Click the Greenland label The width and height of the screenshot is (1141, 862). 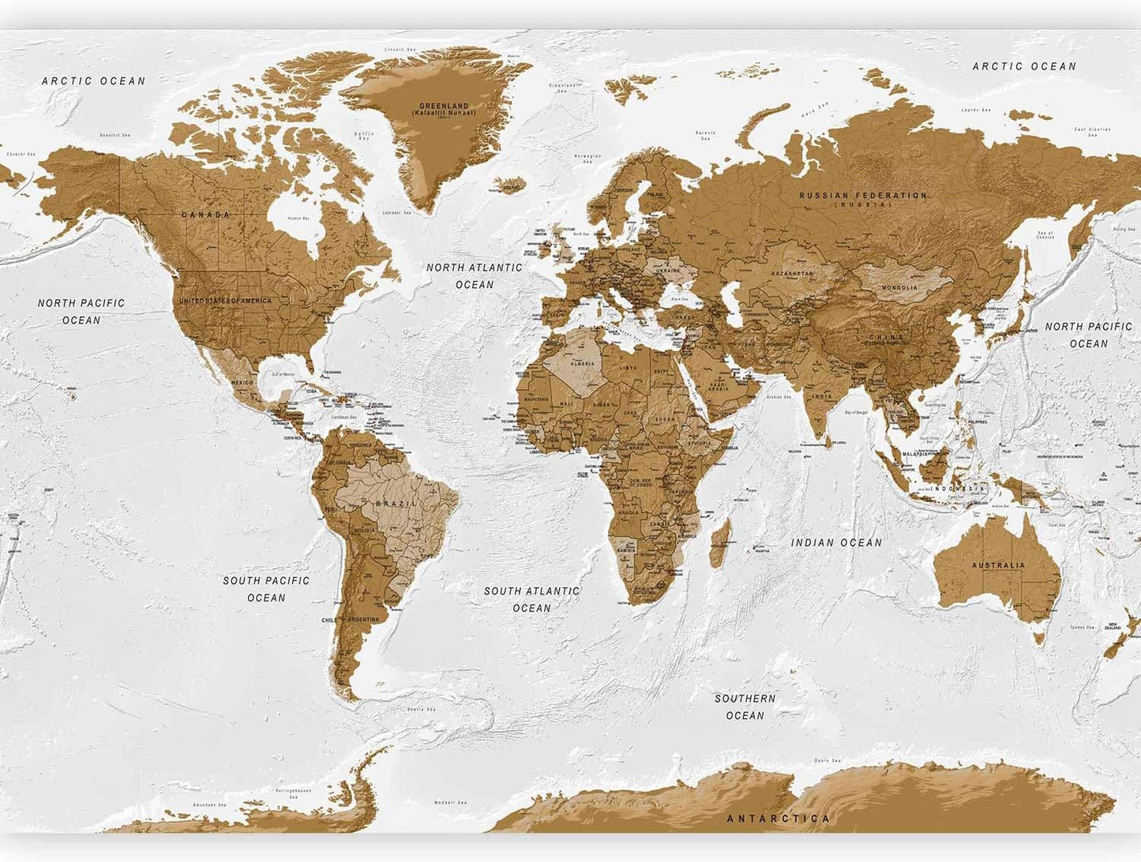click(444, 109)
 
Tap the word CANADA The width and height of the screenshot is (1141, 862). click(206, 215)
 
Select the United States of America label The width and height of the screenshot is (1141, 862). click(225, 301)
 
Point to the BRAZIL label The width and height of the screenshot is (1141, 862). click(396, 504)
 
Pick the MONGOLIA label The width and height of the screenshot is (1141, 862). click(900, 287)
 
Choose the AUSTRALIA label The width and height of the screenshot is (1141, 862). click(998, 565)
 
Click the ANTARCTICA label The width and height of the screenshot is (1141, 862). click(778, 819)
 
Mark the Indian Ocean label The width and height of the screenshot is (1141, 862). click(837, 542)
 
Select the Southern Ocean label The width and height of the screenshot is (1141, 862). click(745, 706)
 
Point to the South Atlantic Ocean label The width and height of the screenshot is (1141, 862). click(531, 599)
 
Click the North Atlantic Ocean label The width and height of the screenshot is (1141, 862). click(475, 275)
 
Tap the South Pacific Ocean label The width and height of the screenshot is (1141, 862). click(266, 589)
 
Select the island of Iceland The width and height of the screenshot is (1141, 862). click(509, 186)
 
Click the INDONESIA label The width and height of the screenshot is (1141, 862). click(958, 489)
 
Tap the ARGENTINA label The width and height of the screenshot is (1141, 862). click(363, 620)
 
